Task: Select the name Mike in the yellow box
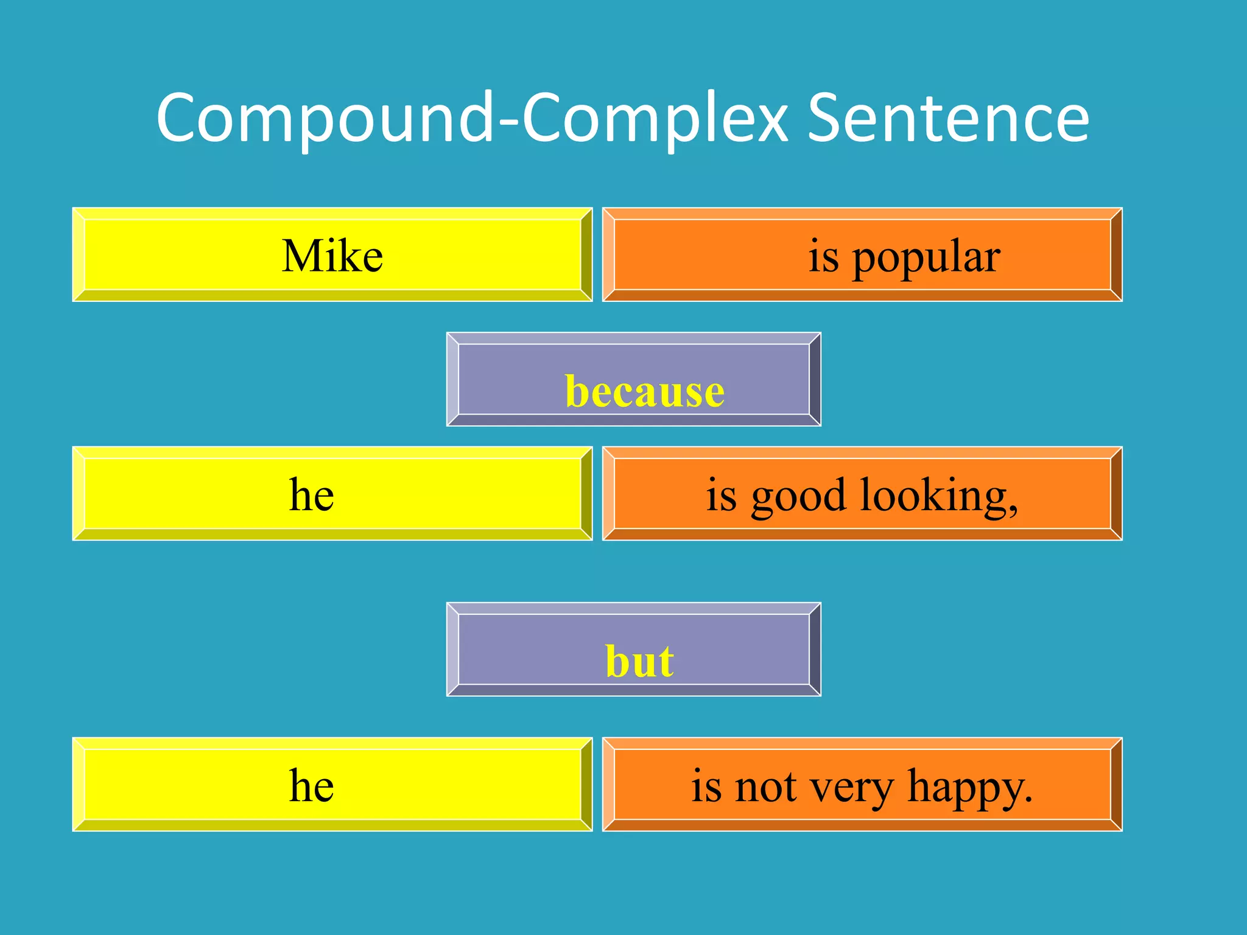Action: click(x=332, y=256)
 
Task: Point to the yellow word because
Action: click(x=645, y=391)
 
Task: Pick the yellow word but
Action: click(x=639, y=661)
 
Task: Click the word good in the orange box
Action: click(x=798, y=497)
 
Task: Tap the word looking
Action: click(x=932, y=497)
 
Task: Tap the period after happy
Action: click(x=1029, y=799)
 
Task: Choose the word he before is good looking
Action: click(x=311, y=494)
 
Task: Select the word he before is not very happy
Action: click(x=311, y=785)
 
